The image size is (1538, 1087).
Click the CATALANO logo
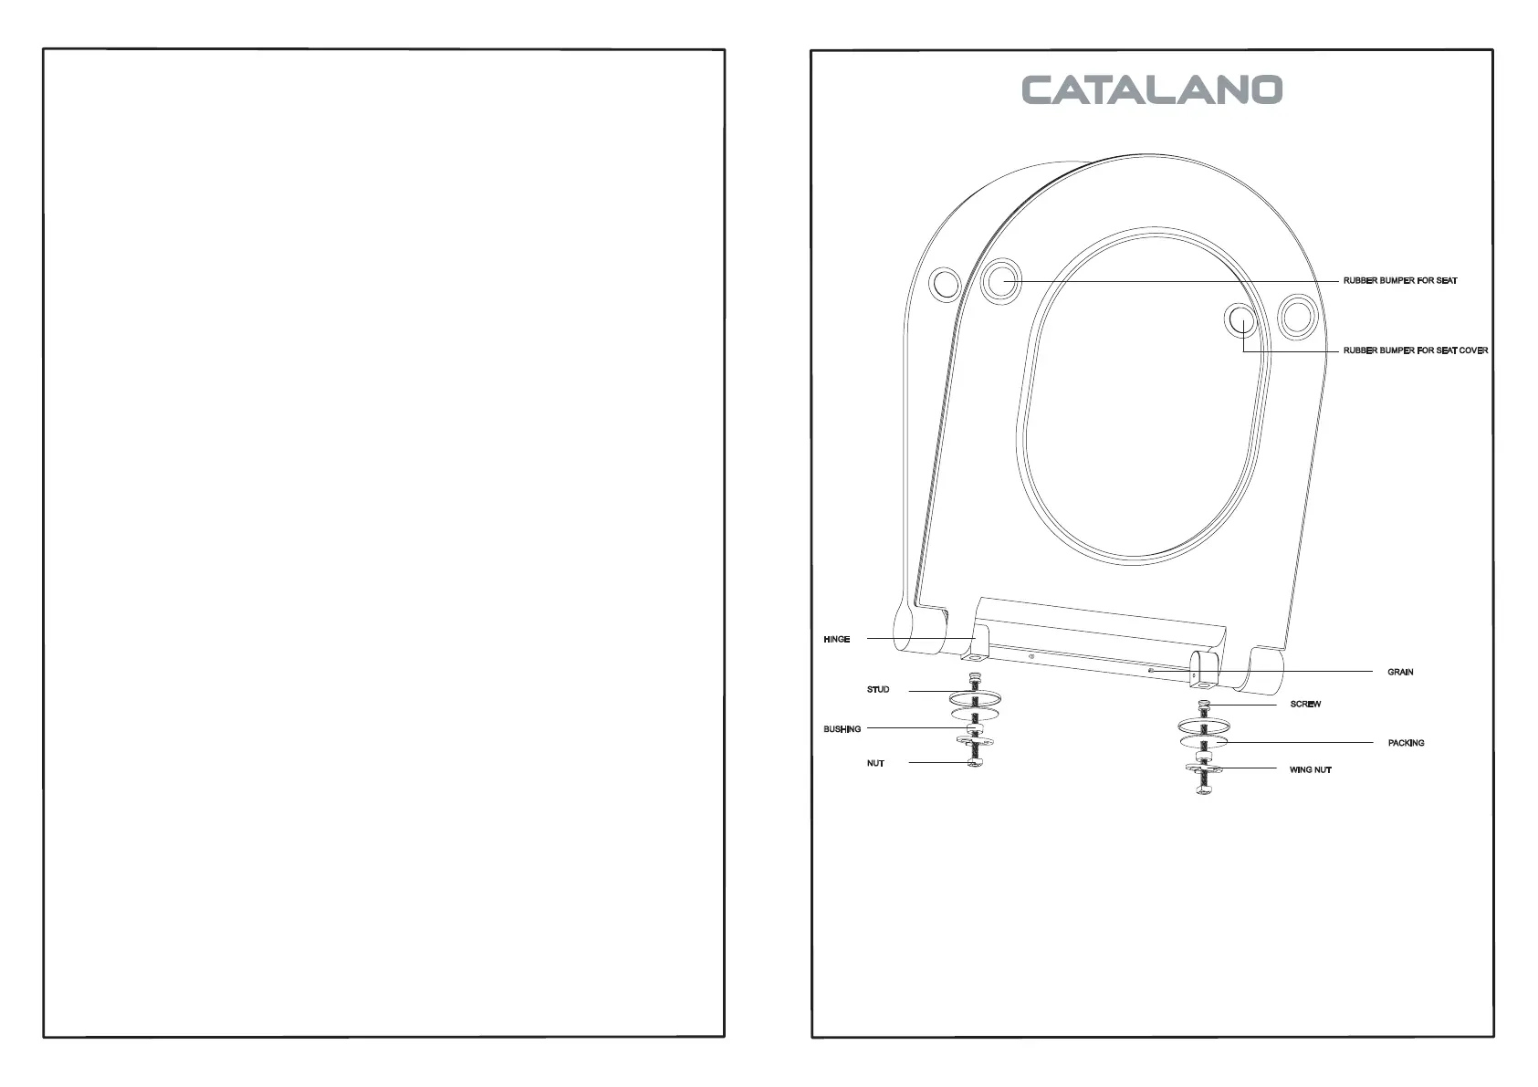(1152, 89)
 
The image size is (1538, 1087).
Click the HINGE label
(836, 639)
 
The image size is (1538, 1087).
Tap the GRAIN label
(1399, 672)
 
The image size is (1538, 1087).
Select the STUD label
(877, 689)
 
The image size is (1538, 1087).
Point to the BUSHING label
(842, 729)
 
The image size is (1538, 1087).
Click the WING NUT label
(1310, 769)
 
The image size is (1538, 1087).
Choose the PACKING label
(1406, 743)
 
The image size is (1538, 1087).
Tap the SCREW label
(1305, 704)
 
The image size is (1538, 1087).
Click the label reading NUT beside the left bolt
(875, 763)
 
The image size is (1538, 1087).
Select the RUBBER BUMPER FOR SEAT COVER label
(1415, 350)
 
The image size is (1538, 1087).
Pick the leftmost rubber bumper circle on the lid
(944, 284)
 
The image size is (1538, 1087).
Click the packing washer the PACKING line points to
(1204, 742)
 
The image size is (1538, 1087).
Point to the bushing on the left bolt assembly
(975, 729)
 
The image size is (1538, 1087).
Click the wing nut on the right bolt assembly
(1205, 769)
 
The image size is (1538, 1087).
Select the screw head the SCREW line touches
(1205, 704)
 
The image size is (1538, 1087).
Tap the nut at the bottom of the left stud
(975, 762)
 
